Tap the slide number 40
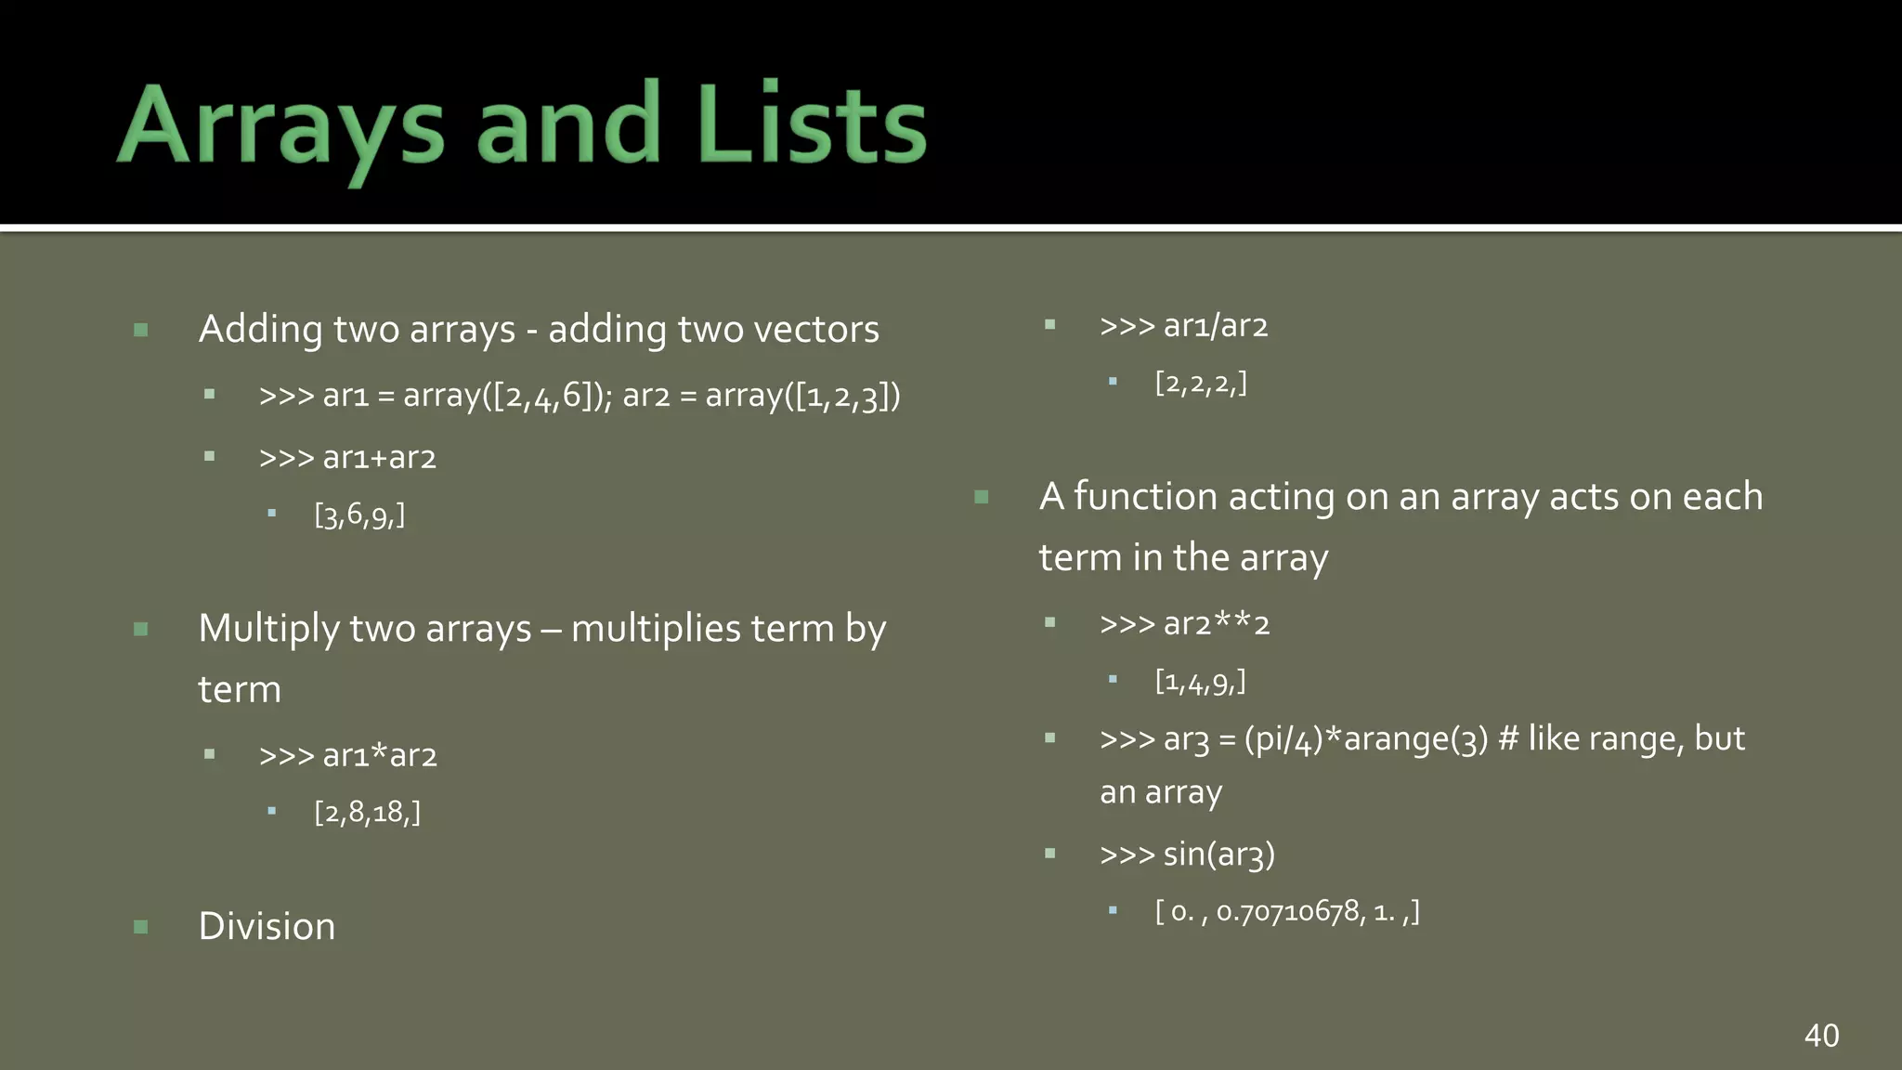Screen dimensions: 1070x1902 click(x=1821, y=1036)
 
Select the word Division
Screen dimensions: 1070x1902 click(x=267, y=926)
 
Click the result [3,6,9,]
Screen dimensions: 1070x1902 click(x=359, y=515)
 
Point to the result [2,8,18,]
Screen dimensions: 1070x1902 click(x=367, y=813)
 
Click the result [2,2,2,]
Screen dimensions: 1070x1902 click(x=1201, y=383)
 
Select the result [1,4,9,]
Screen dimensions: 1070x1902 click(x=1200, y=682)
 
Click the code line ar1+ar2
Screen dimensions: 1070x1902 click(x=379, y=458)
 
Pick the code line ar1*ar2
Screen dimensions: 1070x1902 click(x=379, y=756)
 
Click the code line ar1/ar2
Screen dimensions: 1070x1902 click(x=1215, y=326)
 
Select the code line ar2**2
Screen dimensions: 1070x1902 click(x=1215, y=624)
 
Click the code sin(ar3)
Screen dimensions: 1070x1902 click(x=1218, y=855)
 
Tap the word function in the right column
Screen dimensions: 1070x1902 click(x=1144, y=497)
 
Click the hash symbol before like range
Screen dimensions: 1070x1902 click(x=1508, y=739)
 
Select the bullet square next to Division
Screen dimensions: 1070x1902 click(x=141, y=927)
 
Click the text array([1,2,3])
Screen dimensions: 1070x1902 click(x=802, y=397)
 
